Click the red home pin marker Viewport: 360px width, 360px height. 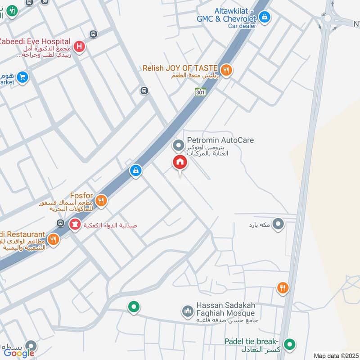click(x=180, y=162)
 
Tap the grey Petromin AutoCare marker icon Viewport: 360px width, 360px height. click(x=178, y=145)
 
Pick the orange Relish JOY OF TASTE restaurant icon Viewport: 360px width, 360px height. click(x=226, y=70)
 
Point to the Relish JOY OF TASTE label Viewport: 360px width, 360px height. click(x=180, y=68)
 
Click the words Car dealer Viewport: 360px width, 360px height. click(x=242, y=26)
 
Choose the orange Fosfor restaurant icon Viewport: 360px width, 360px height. click(x=102, y=201)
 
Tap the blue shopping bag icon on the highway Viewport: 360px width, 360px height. click(x=135, y=171)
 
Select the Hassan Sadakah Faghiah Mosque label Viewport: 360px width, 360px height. click(x=225, y=309)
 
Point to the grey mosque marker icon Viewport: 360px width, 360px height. click(x=187, y=311)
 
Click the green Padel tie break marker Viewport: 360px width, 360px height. click(x=290, y=345)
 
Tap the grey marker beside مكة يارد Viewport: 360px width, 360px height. click(x=279, y=224)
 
